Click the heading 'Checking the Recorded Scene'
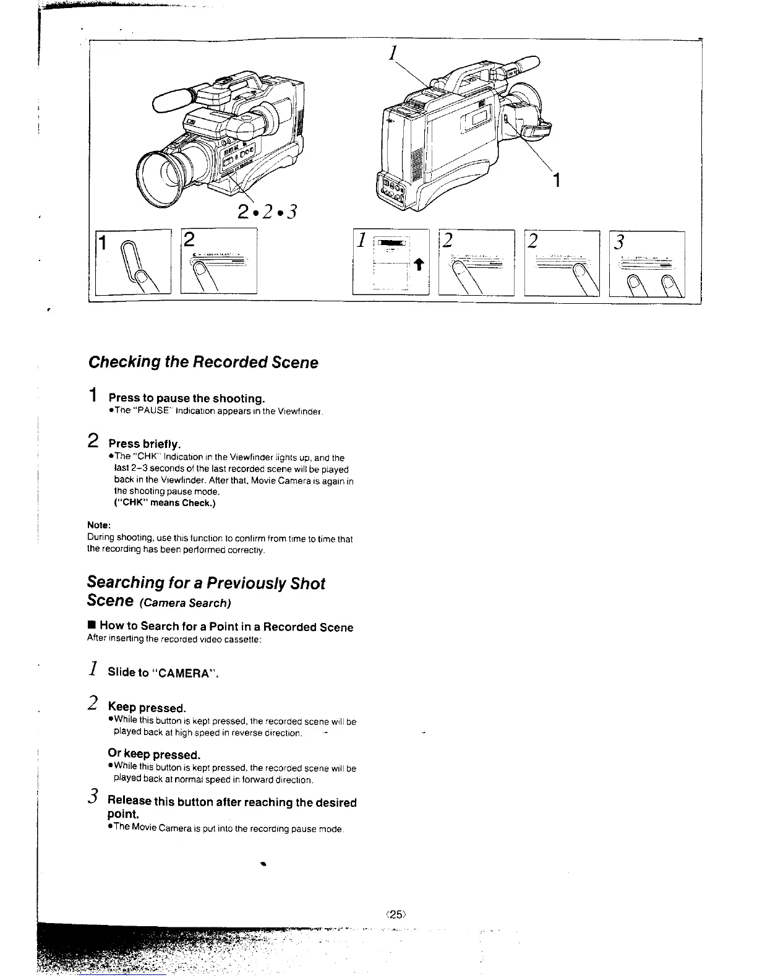[203, 362]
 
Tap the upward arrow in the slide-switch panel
[417, 265]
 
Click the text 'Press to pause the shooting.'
[187, 398]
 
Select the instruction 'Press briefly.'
[145, 444]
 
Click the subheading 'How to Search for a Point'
[226, 627]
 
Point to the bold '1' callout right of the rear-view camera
[557, 181]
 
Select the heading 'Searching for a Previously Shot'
[206, 583]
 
